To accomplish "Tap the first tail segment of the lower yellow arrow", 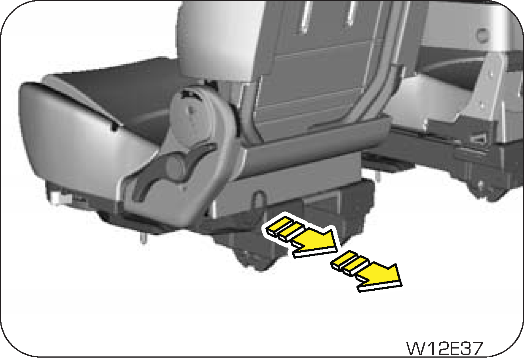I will coord(341,261).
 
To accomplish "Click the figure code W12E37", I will coord(444,349).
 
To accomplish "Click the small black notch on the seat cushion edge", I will coord(114,127).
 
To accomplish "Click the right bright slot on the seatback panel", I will coord(350,12).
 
